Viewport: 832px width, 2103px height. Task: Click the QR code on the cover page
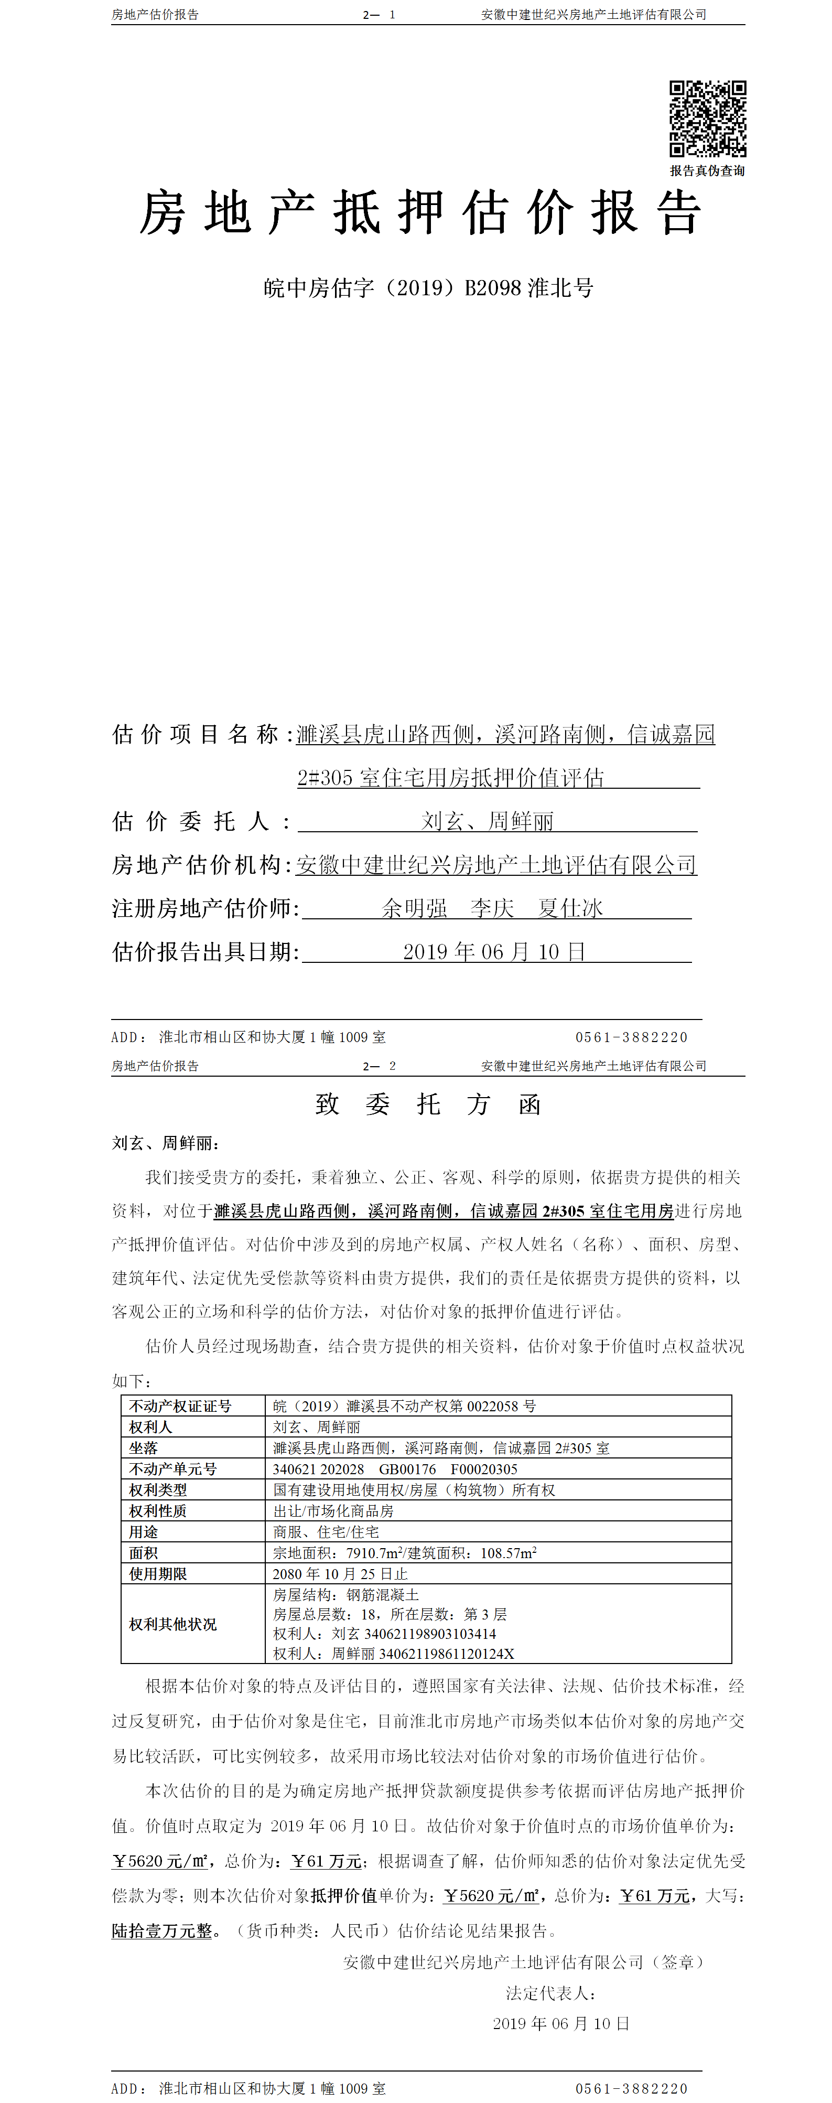click(x=707, y=119)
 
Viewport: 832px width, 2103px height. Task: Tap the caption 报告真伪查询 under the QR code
click(x=707, y=170)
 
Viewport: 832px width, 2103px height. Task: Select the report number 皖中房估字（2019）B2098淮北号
click(x=428, y=287)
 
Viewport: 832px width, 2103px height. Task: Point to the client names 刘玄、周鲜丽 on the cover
click(x=488, y=821)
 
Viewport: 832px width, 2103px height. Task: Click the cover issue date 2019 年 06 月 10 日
click(x=494, y=952)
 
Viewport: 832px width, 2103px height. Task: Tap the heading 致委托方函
click(x=428, y=1104)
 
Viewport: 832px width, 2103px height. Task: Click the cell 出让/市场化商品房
click(x=333, y=1511)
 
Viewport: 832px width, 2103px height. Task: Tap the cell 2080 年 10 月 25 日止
click(x=340, y=1574)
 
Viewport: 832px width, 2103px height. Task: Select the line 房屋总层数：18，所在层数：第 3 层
click(x=390, y=1615)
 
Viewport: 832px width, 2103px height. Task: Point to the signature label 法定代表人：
click(x=551, y=1993)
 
